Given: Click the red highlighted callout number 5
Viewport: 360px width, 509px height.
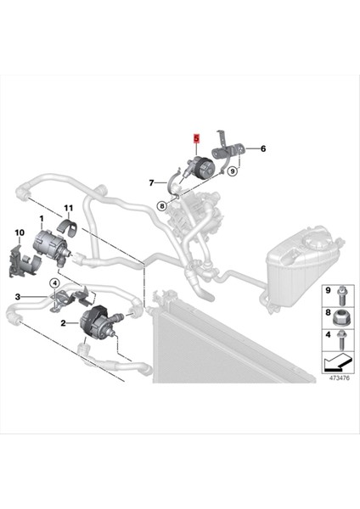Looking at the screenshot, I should [196, 137].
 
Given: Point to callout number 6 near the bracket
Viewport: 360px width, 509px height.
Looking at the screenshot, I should [262, 149].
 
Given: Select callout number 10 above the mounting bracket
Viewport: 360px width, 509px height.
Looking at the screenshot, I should [20, 232].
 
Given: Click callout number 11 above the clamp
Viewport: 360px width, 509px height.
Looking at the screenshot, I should [68, 208].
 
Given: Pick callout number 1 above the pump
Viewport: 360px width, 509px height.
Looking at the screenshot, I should [39, 220].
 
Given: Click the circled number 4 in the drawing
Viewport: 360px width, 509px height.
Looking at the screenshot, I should [53, 282].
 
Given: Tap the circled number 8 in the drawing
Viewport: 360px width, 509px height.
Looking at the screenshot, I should [160, 204].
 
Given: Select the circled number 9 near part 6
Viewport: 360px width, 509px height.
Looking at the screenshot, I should [233, 171].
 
